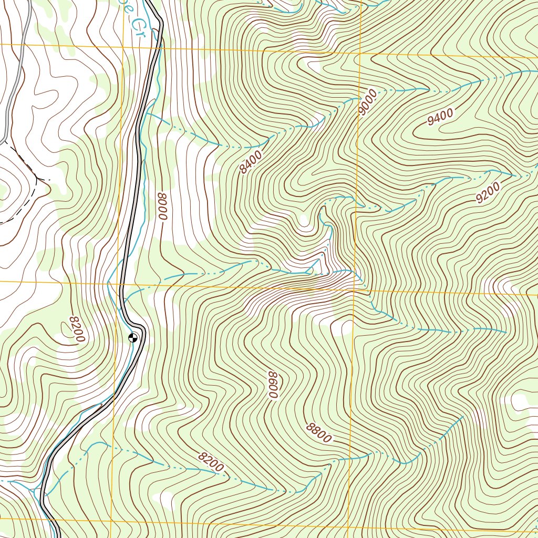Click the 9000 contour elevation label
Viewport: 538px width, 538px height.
[x=368, y=103]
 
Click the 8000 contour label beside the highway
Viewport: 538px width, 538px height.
[x=162, y=206]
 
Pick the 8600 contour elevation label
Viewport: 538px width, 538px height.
[x=272, y=385]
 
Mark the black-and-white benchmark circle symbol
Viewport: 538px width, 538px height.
[x=133, y=338]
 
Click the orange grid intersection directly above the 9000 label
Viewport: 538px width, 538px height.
[x=361, y=53]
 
